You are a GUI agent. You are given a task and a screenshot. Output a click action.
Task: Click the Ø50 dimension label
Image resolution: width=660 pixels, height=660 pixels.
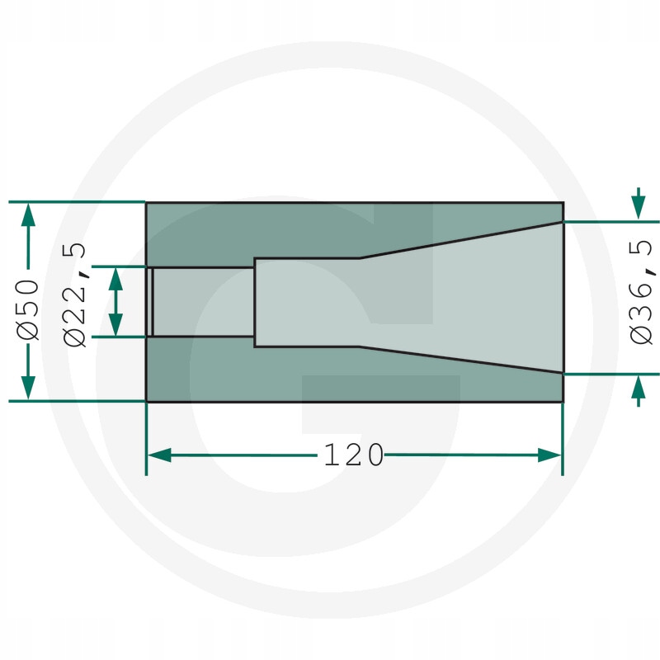pos(28,309)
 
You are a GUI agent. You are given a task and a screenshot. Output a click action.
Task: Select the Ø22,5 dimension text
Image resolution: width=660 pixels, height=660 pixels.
pos(75,295)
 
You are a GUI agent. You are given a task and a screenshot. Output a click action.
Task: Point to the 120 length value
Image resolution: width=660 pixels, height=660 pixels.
pos(354,455)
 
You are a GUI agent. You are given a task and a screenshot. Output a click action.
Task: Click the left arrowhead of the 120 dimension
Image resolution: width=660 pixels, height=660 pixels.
pos(159,455)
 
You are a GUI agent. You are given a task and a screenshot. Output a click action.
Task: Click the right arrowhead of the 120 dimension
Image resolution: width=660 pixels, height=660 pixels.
pos(549,455)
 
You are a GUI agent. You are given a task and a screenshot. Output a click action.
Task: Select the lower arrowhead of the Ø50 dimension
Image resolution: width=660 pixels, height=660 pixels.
pos(28,388)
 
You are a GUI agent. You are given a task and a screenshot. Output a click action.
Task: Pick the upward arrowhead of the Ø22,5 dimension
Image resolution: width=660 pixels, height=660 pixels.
pos(115,279)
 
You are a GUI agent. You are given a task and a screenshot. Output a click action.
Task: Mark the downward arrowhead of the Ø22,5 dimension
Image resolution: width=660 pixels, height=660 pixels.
pos(115,325)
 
